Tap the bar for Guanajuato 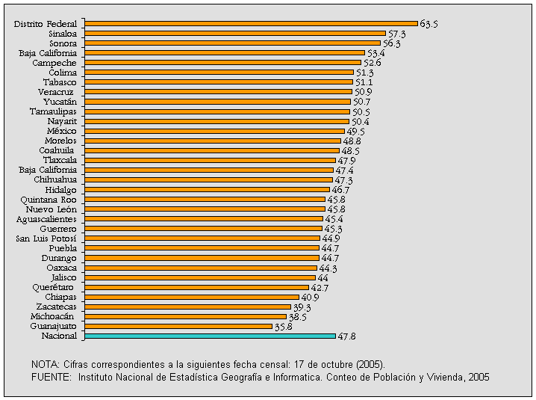pos(179,327)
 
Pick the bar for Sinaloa pos(236,34)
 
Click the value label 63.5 pos(429,24)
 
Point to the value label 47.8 pos(346,336)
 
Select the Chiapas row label pos(60,297)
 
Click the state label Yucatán pos(60,102)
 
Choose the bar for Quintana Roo pos(205,200)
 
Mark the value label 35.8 pos(283,327)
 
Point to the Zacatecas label pos(56,307)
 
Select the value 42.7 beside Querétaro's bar pos(320,287)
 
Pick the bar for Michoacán pos(186,316)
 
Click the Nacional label pos(58,336)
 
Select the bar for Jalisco pos(201,277)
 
